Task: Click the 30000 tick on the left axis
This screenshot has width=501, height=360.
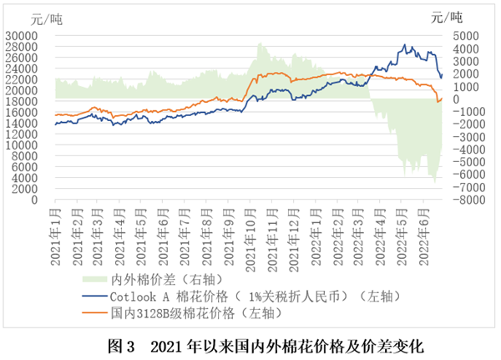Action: pos(36,35)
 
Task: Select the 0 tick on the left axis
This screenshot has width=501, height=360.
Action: pos(47,200)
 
